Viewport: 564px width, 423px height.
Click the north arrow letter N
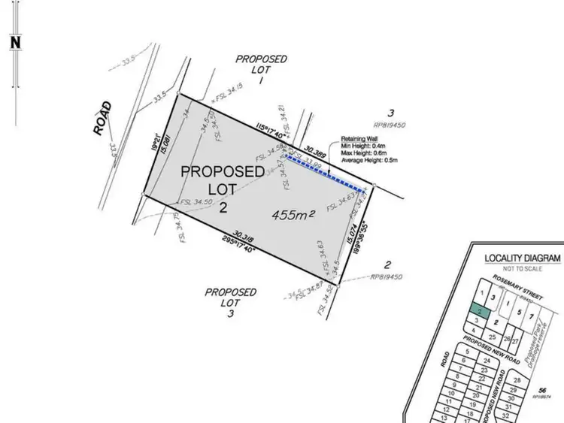pos(14,42)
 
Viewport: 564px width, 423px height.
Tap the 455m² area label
pos(293,216)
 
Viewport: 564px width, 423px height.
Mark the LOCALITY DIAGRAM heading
pos(523,258)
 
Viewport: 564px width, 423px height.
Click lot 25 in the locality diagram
pos(492,337)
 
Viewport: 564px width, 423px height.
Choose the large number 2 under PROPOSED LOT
pos(223,207)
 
